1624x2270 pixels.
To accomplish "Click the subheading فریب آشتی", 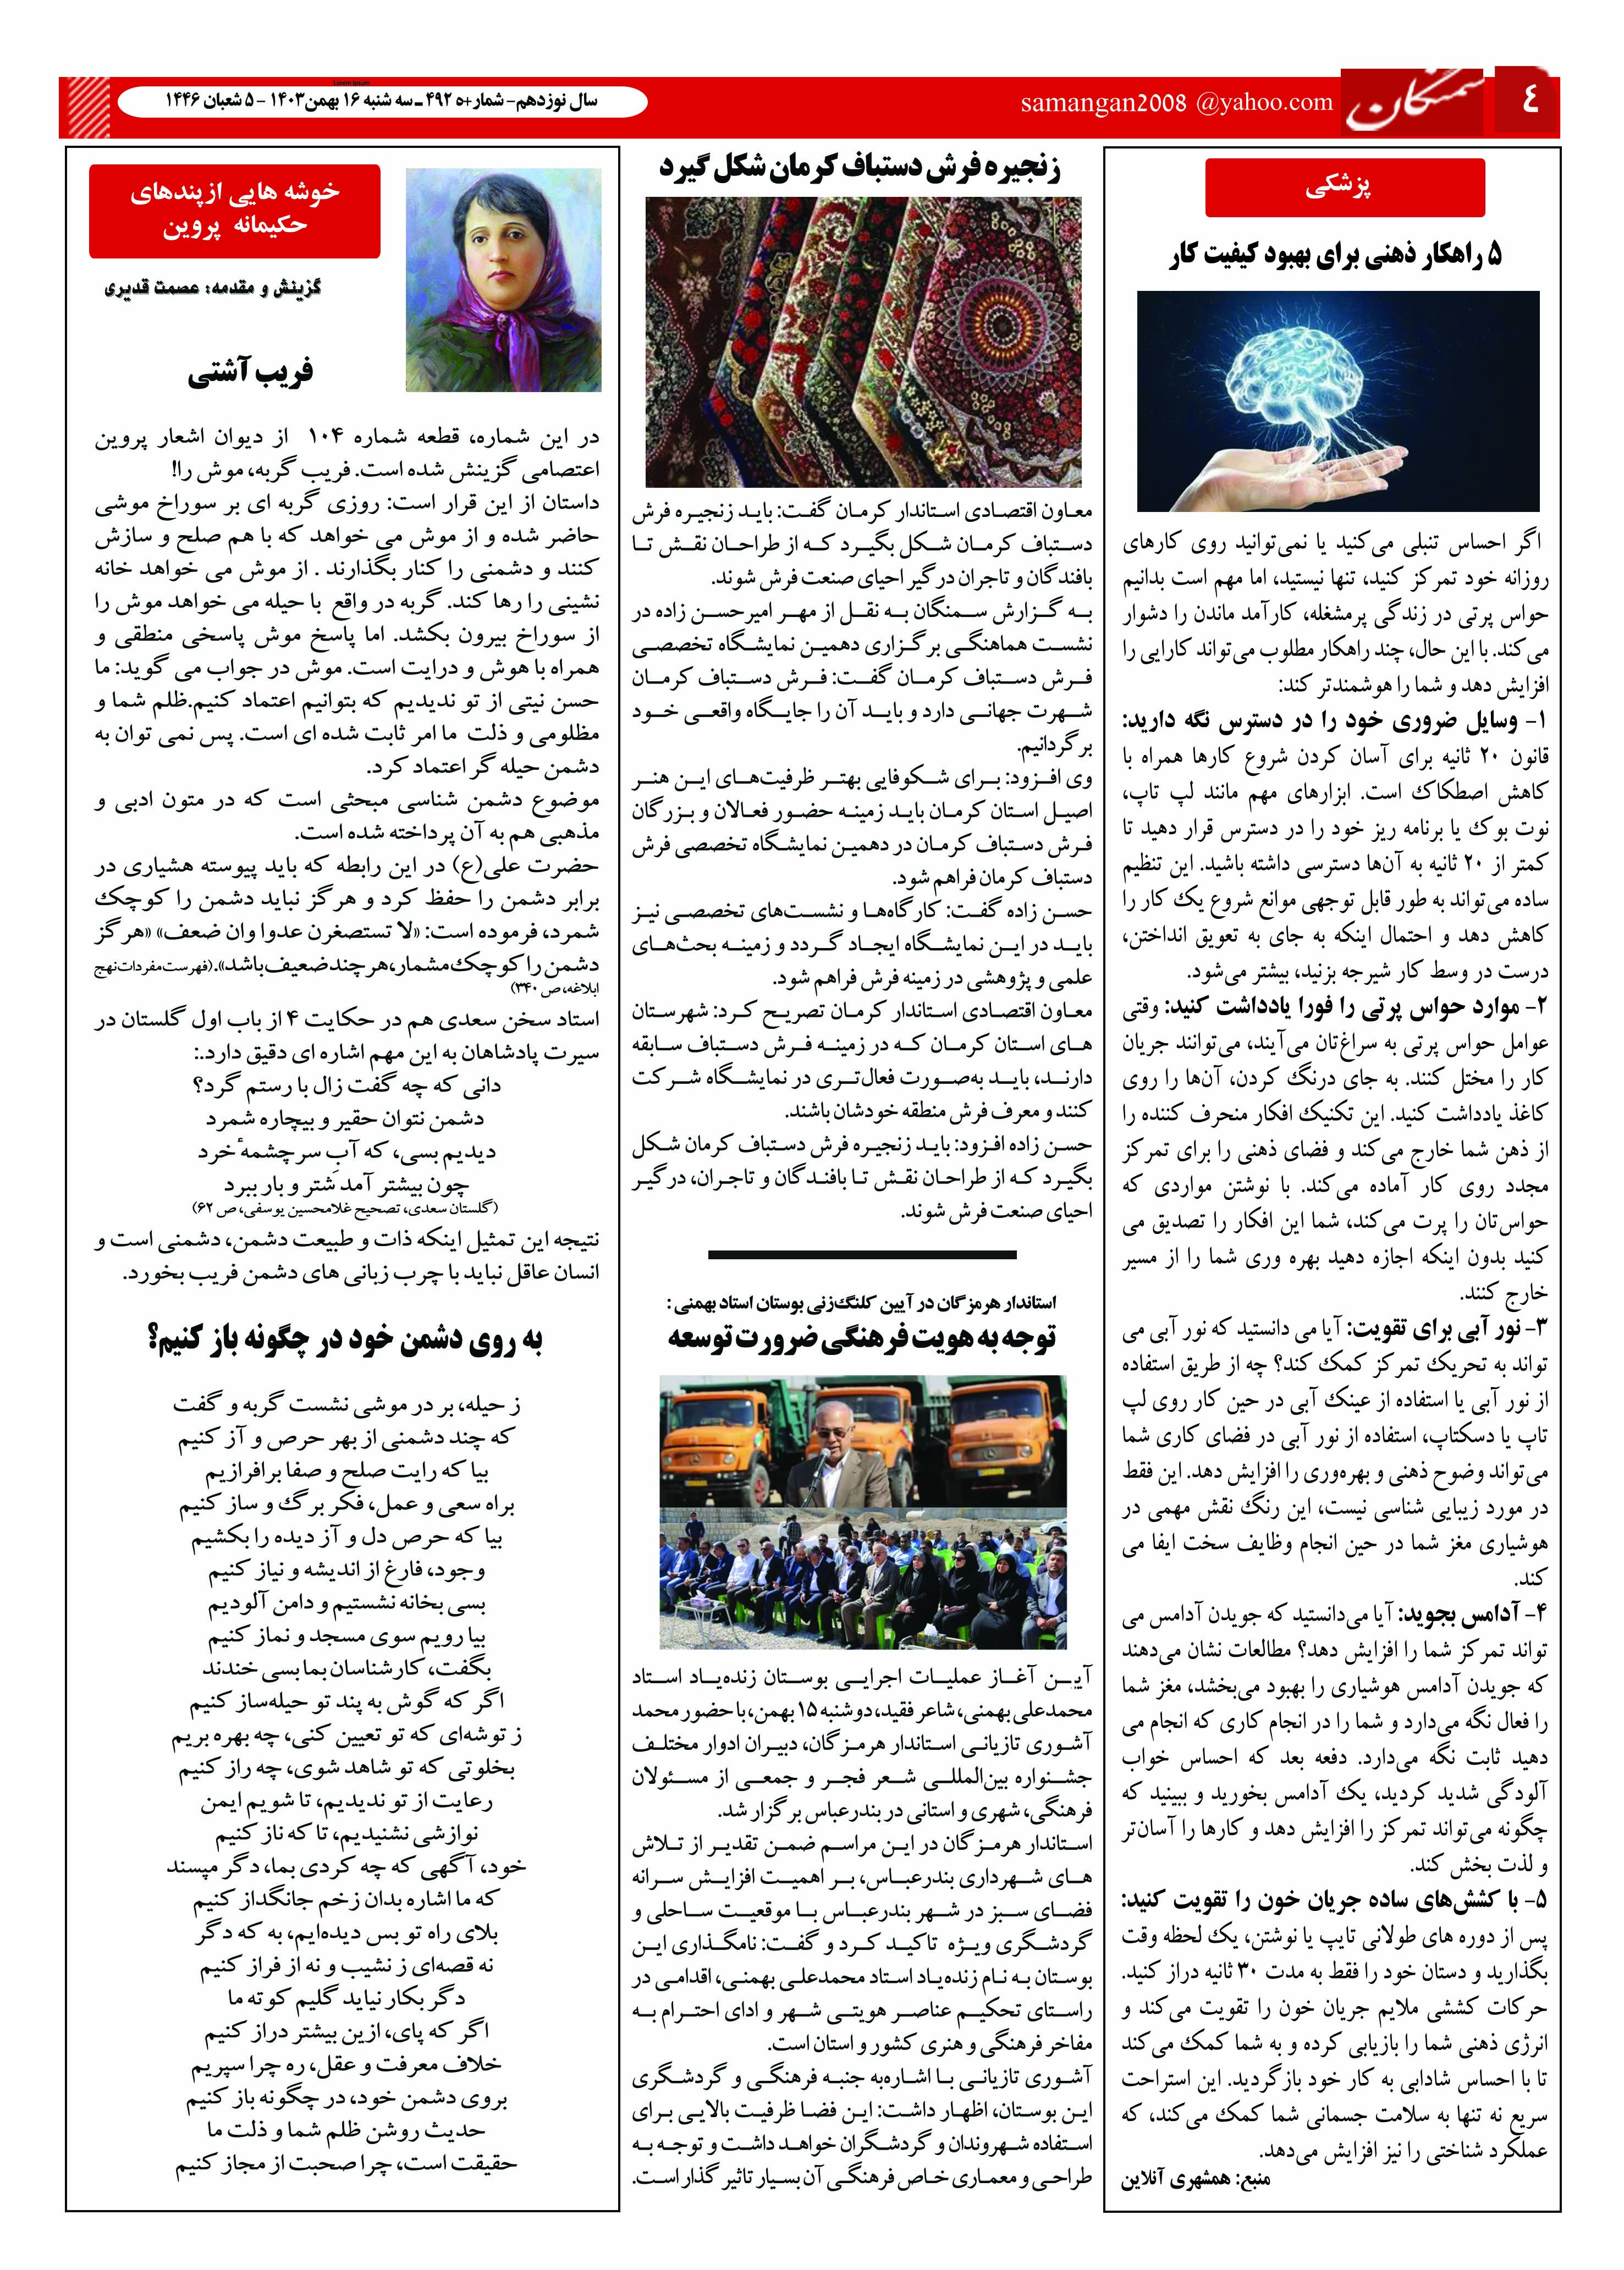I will (x=250, y=372).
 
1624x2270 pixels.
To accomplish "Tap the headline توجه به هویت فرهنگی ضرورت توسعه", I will (x=862, y=1338).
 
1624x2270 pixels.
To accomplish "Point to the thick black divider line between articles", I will (x=861, y=1254).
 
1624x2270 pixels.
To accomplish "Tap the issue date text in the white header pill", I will (x=380, y=102).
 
